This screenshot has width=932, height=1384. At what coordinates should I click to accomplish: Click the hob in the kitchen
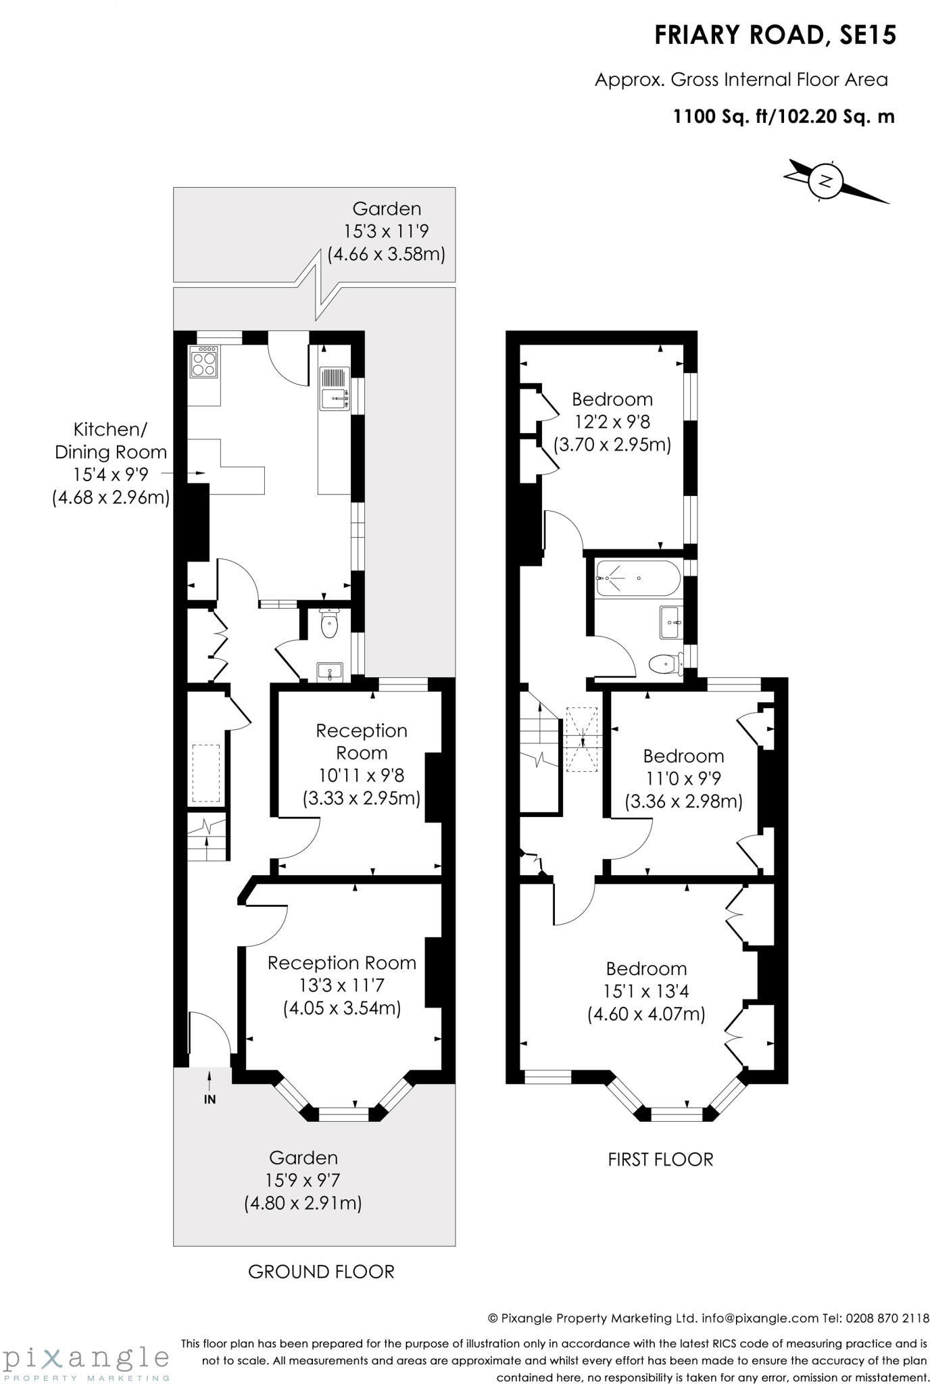click(204, 362)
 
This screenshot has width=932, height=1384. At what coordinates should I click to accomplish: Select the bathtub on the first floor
click(635, 578)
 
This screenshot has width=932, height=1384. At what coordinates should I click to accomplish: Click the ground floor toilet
click(329, 624)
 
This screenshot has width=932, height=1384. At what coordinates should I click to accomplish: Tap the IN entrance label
click(210, 1099)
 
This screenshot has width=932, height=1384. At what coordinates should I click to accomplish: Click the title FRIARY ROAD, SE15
click(775, 35)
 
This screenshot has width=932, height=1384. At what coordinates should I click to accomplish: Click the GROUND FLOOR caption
click(321, 1272)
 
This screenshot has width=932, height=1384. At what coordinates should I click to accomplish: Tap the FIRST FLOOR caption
click(660, 1160)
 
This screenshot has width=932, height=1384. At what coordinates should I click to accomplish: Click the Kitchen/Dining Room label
click(110, 441)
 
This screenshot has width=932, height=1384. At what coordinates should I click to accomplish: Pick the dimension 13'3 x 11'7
click(342, 985)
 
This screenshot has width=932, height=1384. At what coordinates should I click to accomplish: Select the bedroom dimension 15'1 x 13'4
click(645, 991)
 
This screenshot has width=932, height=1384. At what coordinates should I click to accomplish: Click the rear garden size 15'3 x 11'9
click(386, 232)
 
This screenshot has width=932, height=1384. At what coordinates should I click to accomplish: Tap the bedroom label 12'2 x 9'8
click(612, 422)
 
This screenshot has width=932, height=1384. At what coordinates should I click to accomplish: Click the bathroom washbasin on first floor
click(670, 622)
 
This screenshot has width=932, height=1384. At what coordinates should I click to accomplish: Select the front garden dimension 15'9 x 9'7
click(303, 1181)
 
